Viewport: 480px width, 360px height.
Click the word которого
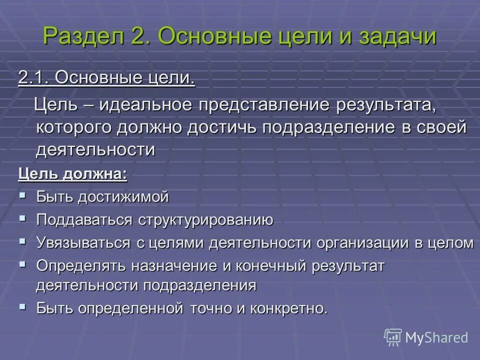coord(74,127)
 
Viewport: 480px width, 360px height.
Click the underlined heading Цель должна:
coord(72,174)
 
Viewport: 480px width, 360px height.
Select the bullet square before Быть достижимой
coord(22,195)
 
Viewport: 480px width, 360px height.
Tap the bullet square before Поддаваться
coord(22,218)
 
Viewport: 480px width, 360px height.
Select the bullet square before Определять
coord(22,264)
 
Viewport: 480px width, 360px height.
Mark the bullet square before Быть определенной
coord(22,306)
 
